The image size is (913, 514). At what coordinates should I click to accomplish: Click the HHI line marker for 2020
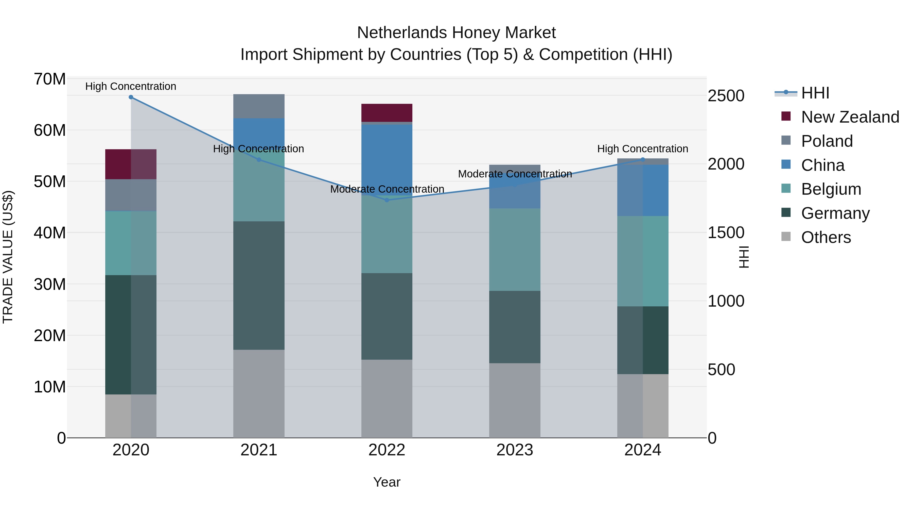pos(131,97)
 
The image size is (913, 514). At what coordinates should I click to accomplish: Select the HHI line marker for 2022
pos(387,200)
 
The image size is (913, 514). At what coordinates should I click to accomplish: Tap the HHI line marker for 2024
pos(643,160)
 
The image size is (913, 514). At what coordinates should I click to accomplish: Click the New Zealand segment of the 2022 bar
pos(387,113)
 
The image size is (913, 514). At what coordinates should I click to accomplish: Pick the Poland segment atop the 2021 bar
pos(259,106)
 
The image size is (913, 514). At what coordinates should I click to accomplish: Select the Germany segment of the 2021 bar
pos(259,286)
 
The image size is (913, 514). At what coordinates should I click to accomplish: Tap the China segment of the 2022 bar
pos(387,160)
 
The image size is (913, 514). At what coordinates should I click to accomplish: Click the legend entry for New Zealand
pos(850,117)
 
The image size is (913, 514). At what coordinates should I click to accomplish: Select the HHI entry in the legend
pos(815,93)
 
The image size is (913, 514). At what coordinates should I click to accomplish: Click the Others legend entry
pos(826,237)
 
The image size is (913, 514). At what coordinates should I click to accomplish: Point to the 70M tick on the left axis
pos(50,79)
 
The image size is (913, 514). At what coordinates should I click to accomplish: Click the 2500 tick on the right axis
pos(726,96)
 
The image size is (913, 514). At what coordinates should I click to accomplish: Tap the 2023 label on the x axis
pos(515,450)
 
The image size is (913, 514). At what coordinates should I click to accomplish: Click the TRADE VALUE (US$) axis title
pos(8,257)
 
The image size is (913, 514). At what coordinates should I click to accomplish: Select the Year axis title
pos(387,482)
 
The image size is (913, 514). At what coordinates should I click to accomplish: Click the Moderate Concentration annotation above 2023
pos(515,174)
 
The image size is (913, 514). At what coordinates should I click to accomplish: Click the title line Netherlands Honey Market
pos(456,33)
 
